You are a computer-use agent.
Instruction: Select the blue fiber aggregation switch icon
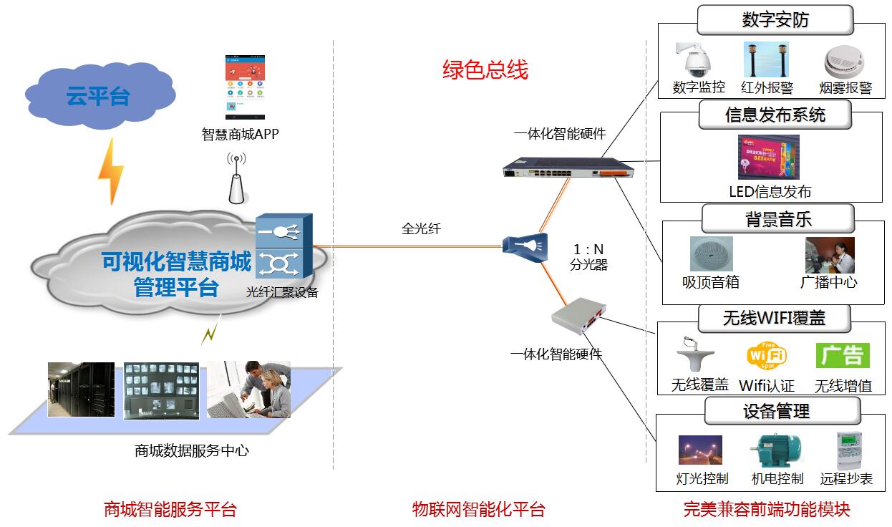(x=283, y=247)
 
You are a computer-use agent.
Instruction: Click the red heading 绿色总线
(x=485, y=70)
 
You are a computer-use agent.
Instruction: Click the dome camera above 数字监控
(x=696, y=60)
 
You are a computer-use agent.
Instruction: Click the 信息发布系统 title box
(x=775, y=115)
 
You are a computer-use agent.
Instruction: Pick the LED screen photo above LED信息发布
(x=769, y=158)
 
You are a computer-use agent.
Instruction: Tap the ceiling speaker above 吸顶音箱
(x=711, y=254)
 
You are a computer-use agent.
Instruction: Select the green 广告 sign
(x=843, y=356)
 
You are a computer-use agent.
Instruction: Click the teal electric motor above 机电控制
(x=776, y=451)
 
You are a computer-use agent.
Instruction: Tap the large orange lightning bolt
(x=111, y=171)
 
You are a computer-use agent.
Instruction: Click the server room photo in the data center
(x=81, y=390)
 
